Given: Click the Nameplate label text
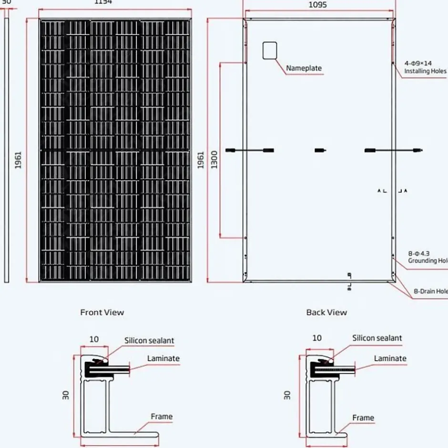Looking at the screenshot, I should [304, 68].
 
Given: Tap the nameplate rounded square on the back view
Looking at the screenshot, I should [269, 51].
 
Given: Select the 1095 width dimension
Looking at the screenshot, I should [317, 5].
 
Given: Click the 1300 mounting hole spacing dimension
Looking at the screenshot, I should [214, 159].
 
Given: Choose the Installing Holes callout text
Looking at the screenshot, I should [425, 71].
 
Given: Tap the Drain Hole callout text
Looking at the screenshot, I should [430, 291].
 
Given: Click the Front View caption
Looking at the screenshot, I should [102, 312].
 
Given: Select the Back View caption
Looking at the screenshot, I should [326, 312].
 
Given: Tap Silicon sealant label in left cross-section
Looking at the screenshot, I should [149, 341].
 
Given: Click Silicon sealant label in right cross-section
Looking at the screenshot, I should [377, 338].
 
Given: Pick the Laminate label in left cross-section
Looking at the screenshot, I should [163, 358].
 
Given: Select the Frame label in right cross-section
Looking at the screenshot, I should [363, 418].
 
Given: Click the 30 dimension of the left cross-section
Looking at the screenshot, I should [66, 395].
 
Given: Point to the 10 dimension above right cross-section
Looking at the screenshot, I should [317, 338].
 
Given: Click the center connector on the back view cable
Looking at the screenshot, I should [320, 151].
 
